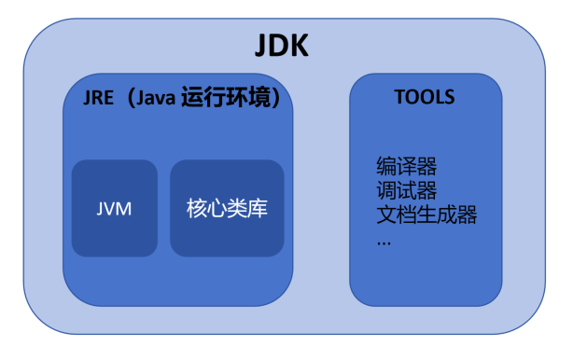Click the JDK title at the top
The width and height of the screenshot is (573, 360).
click(x=282, y=47)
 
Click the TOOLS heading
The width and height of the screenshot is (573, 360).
click(x=425, y=97)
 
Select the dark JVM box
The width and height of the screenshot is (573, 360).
click(x=114, y=208)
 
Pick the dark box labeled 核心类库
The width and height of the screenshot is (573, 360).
click(x=227, y=208)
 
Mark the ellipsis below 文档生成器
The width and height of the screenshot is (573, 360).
click(x=384, y=242)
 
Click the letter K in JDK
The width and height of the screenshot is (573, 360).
click(x=300, y=47)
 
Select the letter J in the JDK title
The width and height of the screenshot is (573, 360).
click(x=262, y=47)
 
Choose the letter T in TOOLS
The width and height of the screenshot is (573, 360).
click(x=398, y=97)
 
